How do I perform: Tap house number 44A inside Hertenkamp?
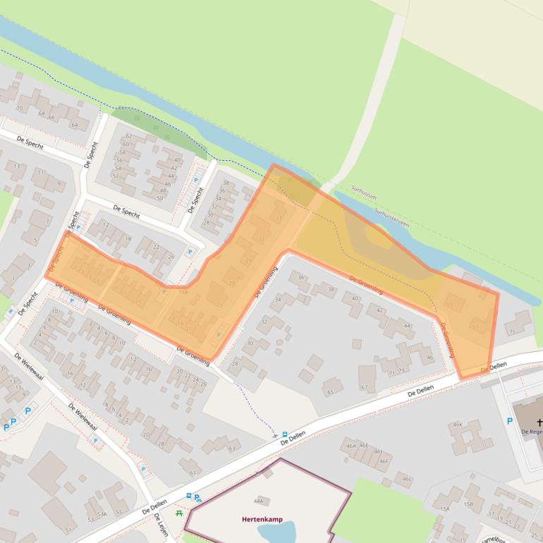click(x=258, y=501)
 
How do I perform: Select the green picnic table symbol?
click(x=180, y=513)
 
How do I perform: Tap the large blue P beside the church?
click(x=510, y=422)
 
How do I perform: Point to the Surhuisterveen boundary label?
click(x=391, y=214)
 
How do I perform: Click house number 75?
click(x=511, y=331)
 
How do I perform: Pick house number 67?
click(x=364, y=387)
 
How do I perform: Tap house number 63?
click(x=231, y=448)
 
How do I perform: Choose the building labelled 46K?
click(x=457, y=425)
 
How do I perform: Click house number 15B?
click(x=468, y=504)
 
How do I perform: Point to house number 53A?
click(x=102, y=514)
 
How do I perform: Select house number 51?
click(x=68, y=530)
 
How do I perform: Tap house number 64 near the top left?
click(x=74, y=125)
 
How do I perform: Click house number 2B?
click(x=161, y=444)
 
